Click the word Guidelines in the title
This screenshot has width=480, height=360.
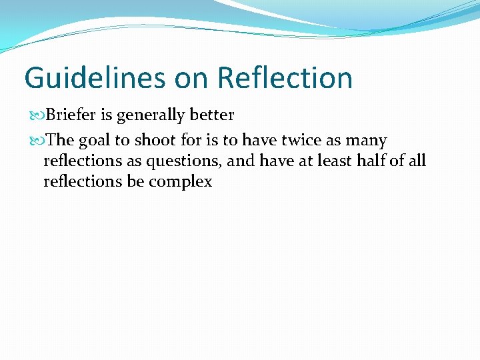(x=94, y=78)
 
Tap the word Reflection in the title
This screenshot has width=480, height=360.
(x=285, y=78)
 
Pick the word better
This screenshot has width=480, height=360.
(x=211, y=115)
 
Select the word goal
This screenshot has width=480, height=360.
(x=95, y=141)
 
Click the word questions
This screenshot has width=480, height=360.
(x=187, y=161)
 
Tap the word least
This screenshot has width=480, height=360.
(x=336, y=161)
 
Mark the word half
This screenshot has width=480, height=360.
(x=371, y=161)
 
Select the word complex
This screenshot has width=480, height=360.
(x=180, y=181)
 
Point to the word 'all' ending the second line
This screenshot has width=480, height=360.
(x=417, y=161)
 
